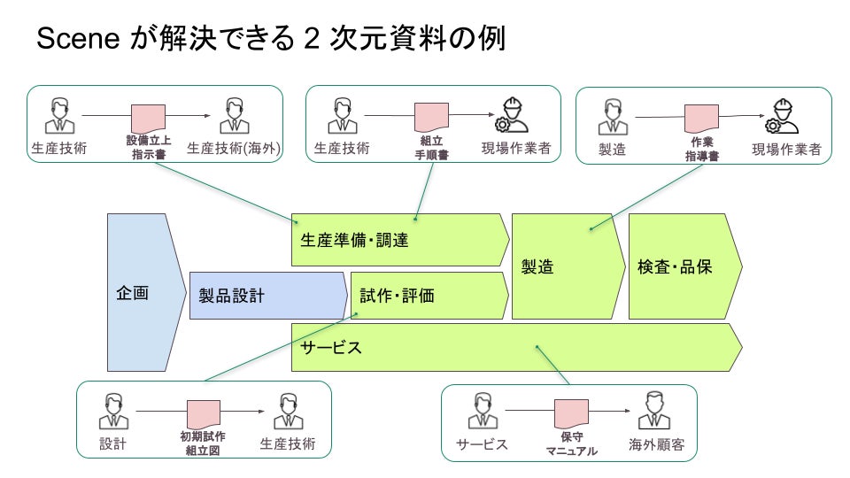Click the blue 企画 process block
click(x=146, y=292)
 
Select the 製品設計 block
click(x=268, y=296)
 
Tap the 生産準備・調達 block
click(x=400, y=240)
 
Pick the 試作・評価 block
click(x=430, y=296)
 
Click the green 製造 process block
click(x=568, y=266)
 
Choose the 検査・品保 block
click(x=685, y=266)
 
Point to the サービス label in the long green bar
click(x=330, y=347)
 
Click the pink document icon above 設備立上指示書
click(x=148, y=118)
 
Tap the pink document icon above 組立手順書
click(x=431, y=117)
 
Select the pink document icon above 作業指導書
click(x=701, y=119)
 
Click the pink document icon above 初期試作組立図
click(x=204, y=414)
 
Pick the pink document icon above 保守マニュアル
click(x=571, y=414)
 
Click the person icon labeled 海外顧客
click(x=654, y=412)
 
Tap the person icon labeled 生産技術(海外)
click(x=234, y=116)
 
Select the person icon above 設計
click(x=113, y=412)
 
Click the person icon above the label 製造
click(x=613, y=117)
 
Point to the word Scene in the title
click(x=78, y=38)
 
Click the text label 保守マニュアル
click(x=571, y=443)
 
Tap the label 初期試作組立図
click(x=203, y=443)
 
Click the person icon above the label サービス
click(x=483, y=412)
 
